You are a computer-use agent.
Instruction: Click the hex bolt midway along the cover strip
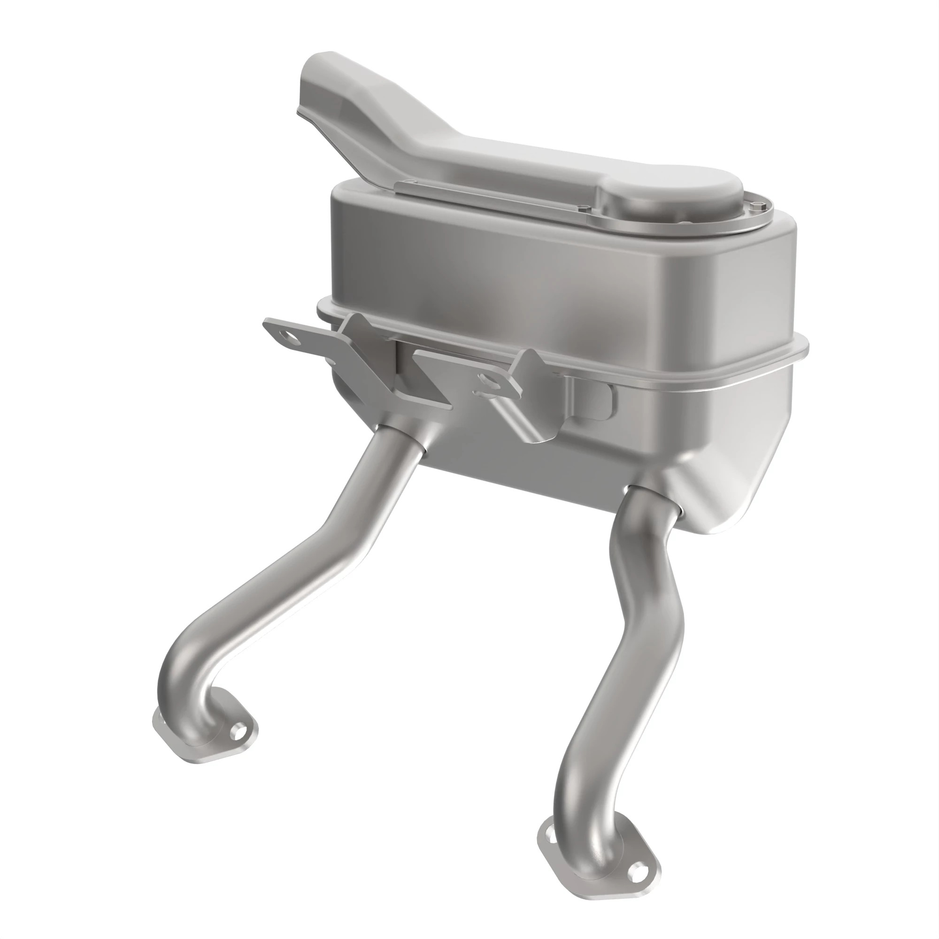click(584, 209)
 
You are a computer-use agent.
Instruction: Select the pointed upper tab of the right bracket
click(535, 357)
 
